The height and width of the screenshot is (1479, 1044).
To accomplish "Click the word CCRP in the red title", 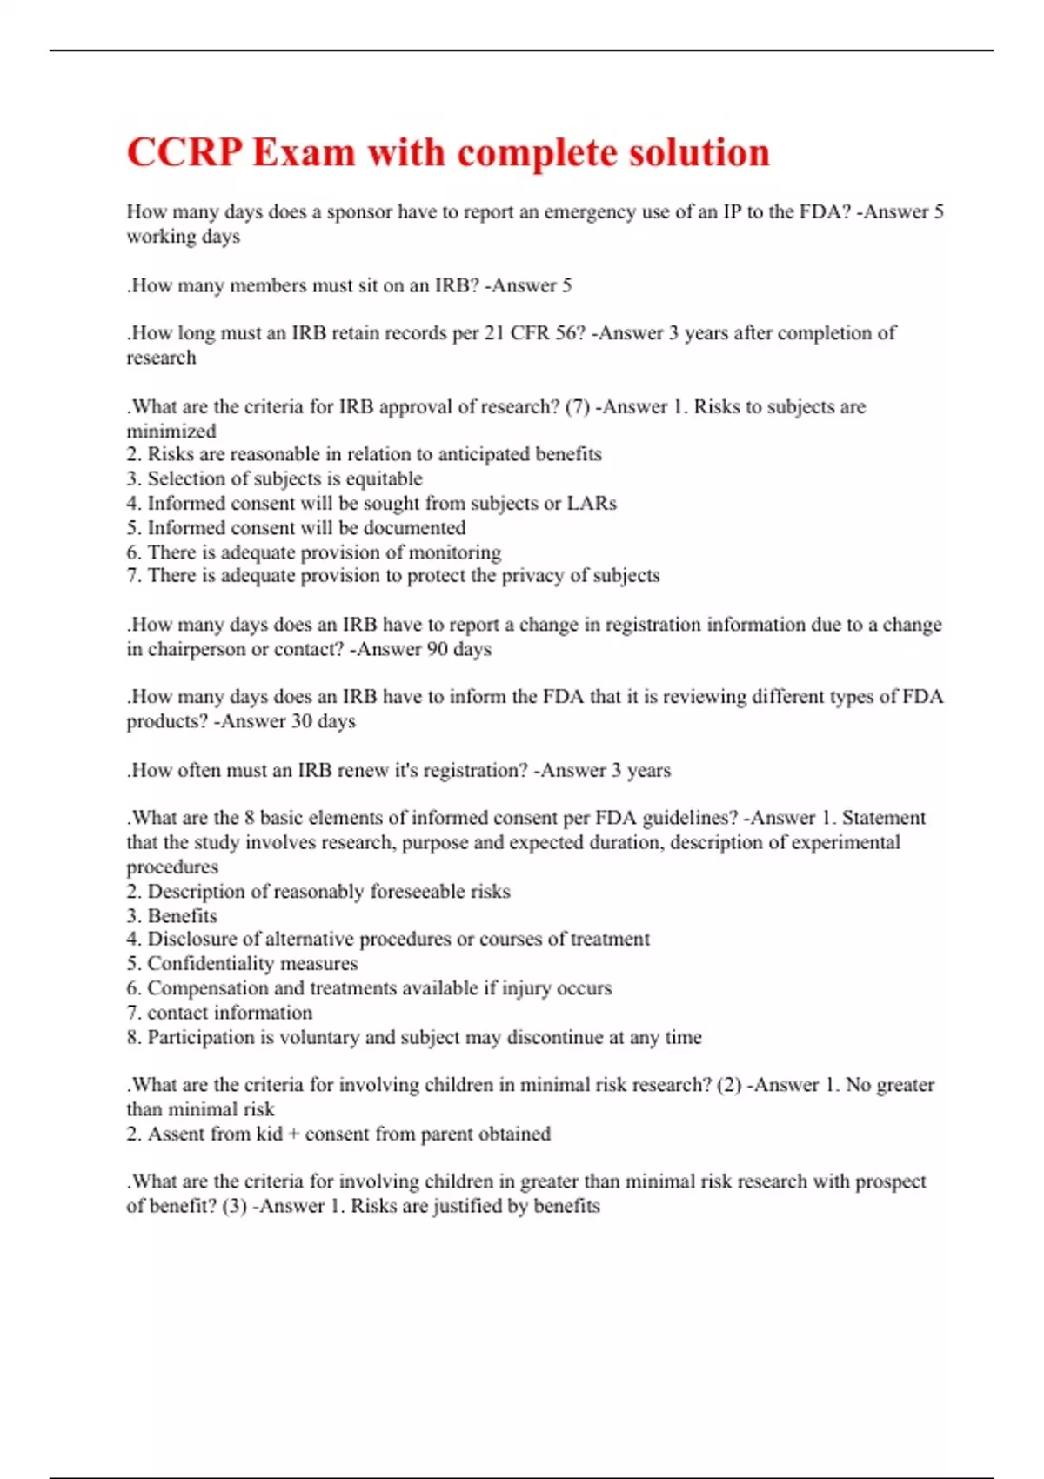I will pyautogui.click(x=184, y=153).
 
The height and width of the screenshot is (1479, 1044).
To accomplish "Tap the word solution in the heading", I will pyautogui.click(x=699, y=153).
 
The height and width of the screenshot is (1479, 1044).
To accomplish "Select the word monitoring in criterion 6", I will pyautogui.click(x=455, y=552).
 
